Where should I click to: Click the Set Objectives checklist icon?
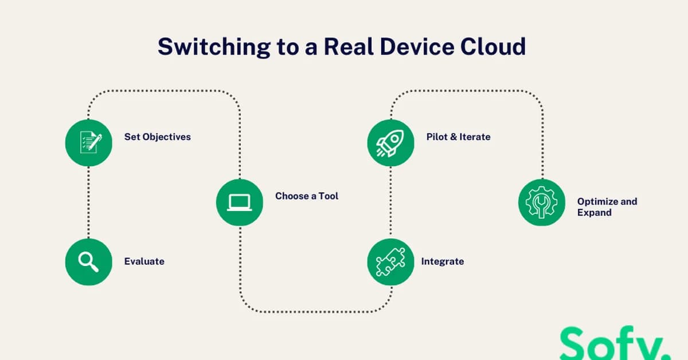point(89,143)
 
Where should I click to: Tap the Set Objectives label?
point(158,137)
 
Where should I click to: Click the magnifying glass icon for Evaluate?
point(89,261)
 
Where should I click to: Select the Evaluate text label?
point(144,261)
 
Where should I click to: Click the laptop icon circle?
point(240,202)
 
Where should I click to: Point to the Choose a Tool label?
point(307,196)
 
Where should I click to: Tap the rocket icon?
point(390,143)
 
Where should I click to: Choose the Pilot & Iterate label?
point(458,137)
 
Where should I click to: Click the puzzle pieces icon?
point(390,261)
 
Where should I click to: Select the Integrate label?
point(443,261)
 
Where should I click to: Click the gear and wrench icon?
point(542,202)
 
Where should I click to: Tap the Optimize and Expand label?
point(607,207)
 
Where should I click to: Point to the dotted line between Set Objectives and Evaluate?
point(89,202)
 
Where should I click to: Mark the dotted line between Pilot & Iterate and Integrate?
point(390,202)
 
